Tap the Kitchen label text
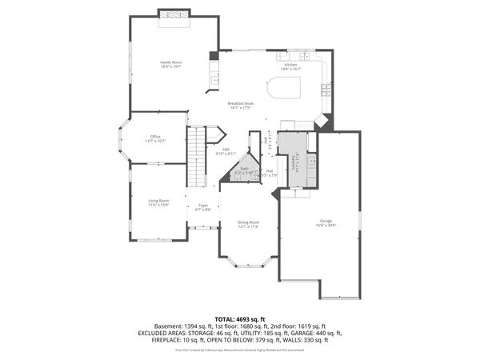290,65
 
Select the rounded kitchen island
286,87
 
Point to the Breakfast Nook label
240,104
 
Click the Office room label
155,137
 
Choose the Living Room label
158,201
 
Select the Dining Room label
248,222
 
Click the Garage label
325,222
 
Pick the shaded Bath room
244,170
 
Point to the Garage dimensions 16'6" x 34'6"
325,226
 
